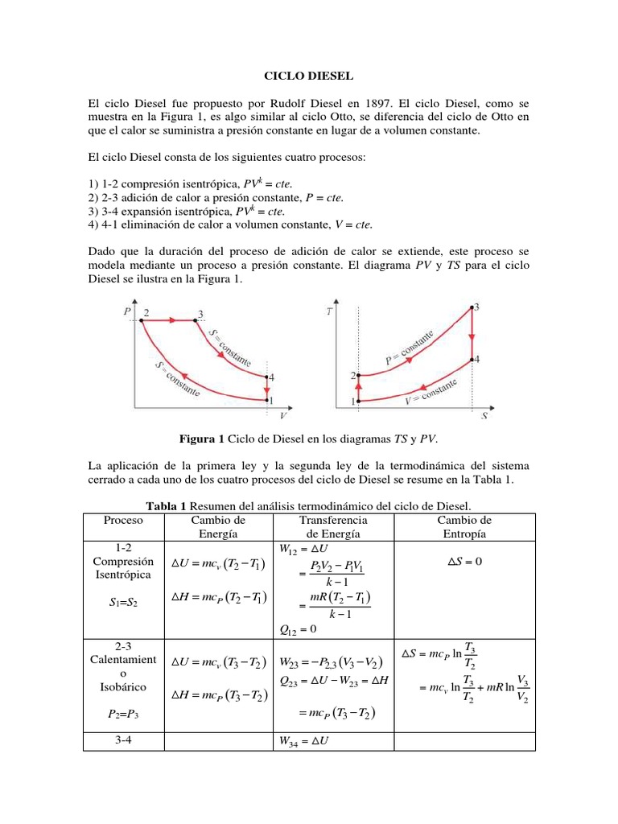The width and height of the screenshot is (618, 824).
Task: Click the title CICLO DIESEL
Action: coord(309,76)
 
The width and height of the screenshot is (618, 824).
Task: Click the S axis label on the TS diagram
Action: coord(485,417)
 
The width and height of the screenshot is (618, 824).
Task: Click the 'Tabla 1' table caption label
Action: coord(166,505)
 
